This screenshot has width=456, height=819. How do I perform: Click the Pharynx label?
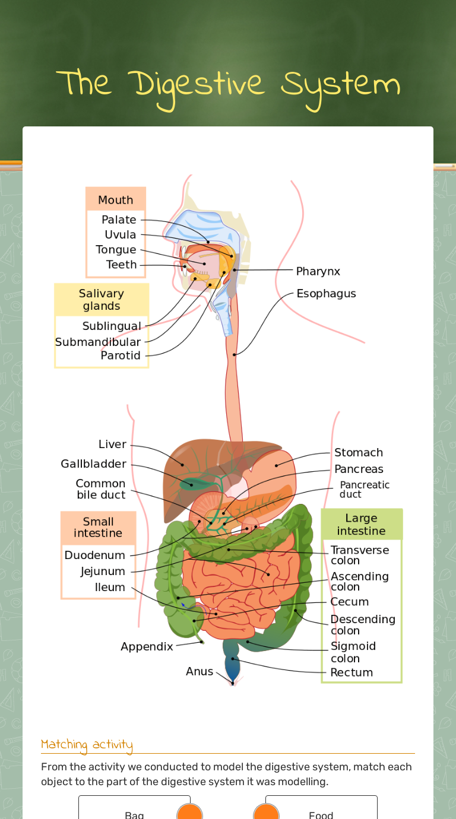point(318,271)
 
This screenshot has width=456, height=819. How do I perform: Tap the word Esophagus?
point(326,294)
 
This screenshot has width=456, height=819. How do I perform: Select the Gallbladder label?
point(93,464)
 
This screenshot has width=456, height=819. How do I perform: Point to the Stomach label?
point(359,453)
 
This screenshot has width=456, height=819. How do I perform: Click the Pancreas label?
point(359,469)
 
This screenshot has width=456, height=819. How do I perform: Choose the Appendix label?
point(147,646)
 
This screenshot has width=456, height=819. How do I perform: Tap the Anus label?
point(199,671)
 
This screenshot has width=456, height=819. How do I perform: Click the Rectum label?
point(351,672)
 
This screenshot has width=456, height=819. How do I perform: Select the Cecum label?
point(349,602)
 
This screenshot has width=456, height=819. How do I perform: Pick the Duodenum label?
point(95,555)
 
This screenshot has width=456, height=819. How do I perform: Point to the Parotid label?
point(121,355)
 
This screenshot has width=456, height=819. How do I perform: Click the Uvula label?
point(121,234)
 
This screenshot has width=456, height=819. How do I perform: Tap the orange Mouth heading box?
point(116,200)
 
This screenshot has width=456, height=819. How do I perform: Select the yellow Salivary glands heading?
point(102,300)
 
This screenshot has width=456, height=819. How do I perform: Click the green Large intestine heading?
point(361,525)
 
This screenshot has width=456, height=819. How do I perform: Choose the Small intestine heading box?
point(98,528)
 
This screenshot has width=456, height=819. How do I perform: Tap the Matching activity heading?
point(87,745)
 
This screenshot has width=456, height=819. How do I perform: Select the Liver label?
point(112,445)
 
